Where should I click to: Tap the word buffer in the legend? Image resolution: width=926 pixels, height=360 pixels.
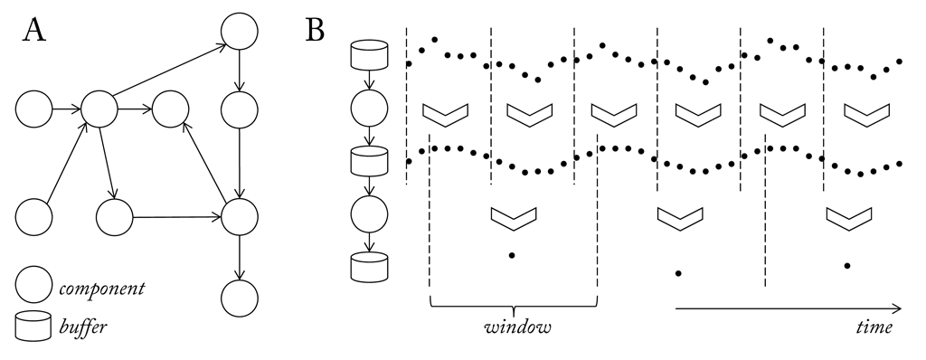click(x=82, y=327)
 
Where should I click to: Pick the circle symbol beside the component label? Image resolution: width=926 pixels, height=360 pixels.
click(x=33, y=289)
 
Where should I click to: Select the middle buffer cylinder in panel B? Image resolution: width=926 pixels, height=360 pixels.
click(x=369, y=161)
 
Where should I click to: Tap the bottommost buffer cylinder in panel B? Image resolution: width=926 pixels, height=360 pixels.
click(x=369, y=266)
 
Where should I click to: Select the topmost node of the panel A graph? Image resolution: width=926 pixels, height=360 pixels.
click(x=240, y=33)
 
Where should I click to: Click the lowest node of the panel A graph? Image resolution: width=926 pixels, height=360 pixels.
click(x=240, y=296)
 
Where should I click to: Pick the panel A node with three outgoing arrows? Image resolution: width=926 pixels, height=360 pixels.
click(x=101, y=109)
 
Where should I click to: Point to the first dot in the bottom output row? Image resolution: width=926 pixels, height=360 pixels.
click(x=513, y=256)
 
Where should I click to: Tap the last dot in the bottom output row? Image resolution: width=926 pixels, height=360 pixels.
click(x=847, y=265)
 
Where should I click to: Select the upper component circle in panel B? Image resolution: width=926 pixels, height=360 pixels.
click(x=369, y=109)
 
